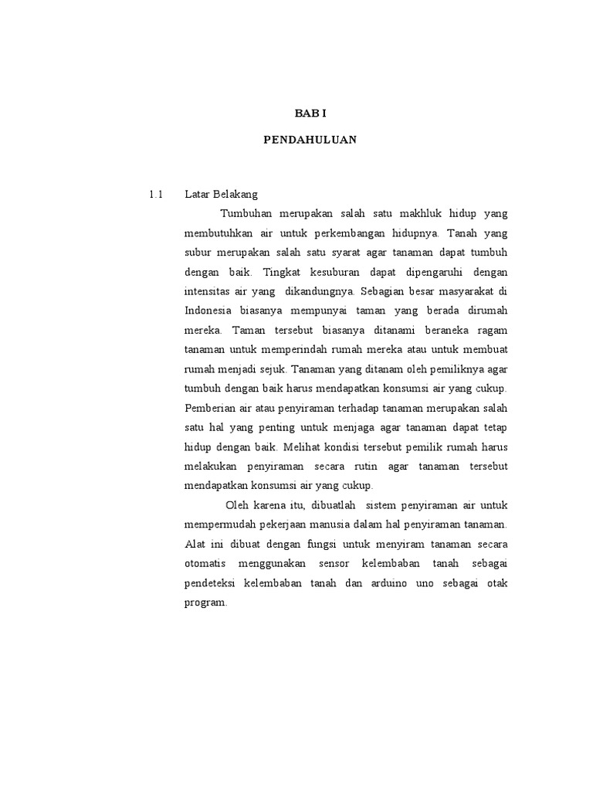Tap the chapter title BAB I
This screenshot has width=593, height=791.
coord(310,113)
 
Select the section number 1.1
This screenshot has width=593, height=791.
coord(156,194)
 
